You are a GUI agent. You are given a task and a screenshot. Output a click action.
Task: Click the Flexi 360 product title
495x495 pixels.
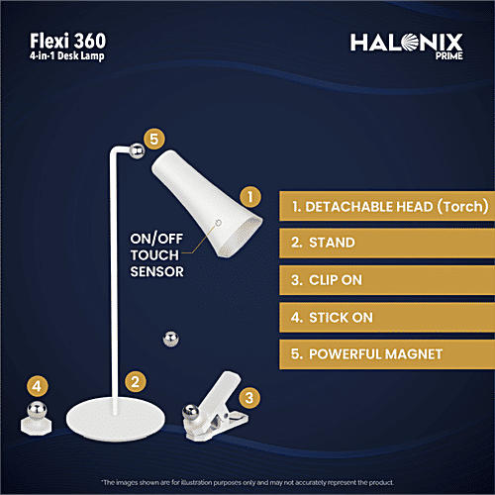66,41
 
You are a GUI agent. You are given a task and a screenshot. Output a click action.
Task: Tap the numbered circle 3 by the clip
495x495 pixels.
251,398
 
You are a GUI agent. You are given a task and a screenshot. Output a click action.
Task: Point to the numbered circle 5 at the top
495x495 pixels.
152,140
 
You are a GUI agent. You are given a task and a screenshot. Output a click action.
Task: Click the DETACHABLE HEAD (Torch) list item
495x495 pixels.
386,207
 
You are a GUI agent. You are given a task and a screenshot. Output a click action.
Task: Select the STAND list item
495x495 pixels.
386,243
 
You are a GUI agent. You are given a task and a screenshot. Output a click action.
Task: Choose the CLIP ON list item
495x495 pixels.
386,279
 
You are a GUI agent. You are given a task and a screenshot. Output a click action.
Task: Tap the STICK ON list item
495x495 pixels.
386,316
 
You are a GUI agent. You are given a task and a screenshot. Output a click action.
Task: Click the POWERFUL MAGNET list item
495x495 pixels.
386,352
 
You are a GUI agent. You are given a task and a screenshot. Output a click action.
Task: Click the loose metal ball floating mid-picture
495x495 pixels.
169,339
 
